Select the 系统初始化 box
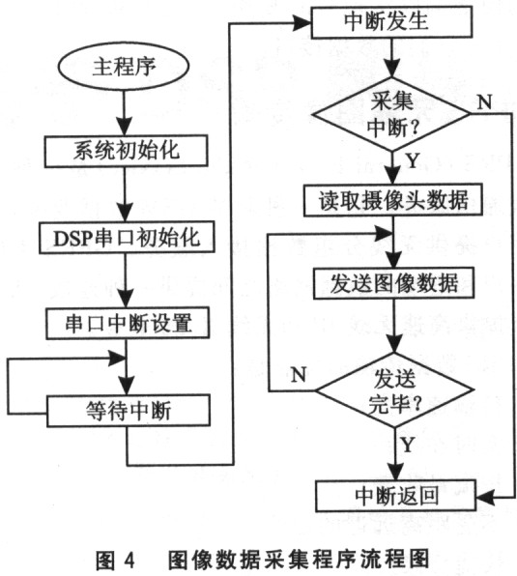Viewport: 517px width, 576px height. (121, 152)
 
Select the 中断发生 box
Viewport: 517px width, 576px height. (392, 23)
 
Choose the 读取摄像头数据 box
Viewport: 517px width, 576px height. (392, 200)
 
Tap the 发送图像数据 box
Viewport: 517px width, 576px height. (392, 284)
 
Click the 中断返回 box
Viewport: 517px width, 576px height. (392, 497)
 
